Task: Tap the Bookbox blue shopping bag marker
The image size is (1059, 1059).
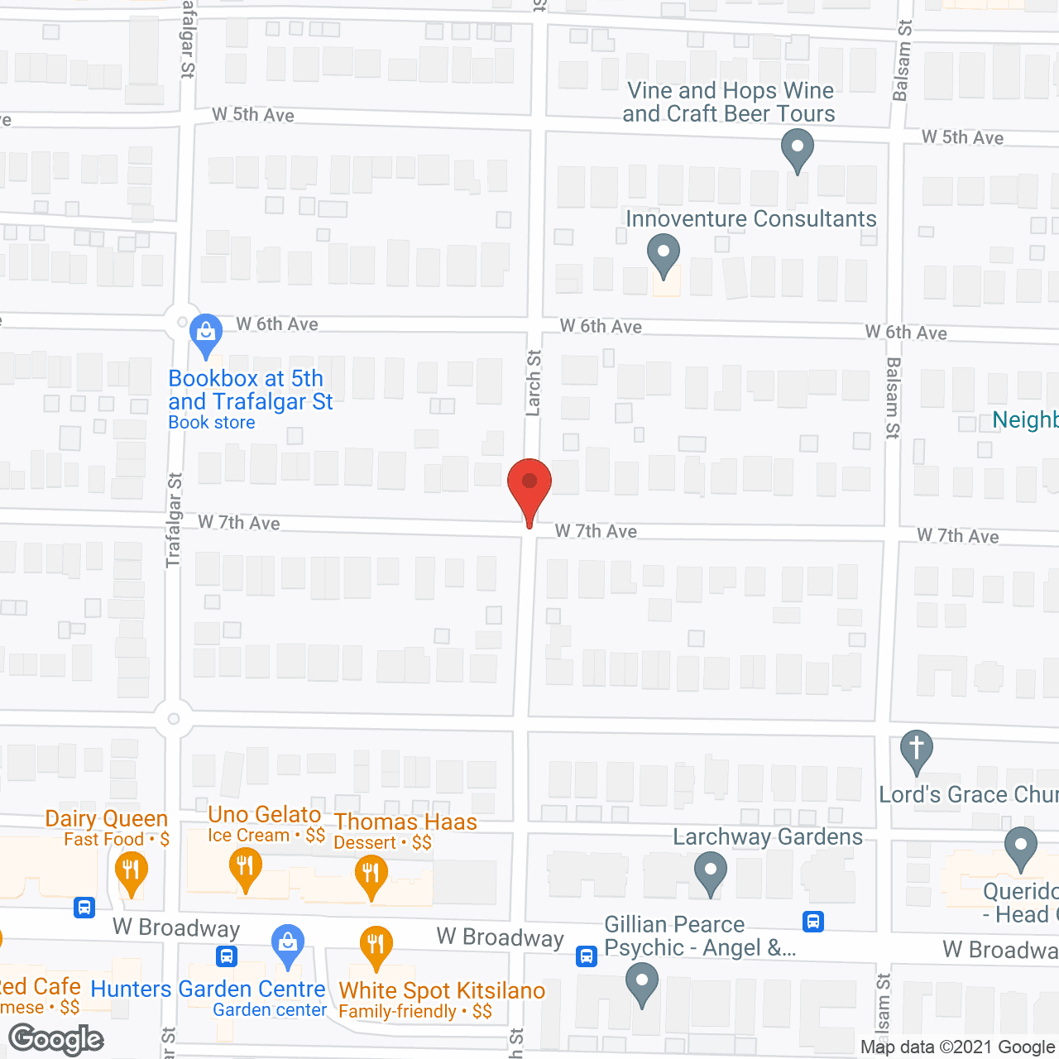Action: (205, 333)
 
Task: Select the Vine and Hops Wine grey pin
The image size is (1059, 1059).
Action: (797, 151)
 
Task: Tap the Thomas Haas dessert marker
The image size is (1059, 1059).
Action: (371, 875)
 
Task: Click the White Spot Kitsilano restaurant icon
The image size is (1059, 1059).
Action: (376, 945)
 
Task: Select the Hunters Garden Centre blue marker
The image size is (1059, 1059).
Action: (287, 944)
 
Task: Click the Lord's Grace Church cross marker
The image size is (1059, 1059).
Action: (916, 750)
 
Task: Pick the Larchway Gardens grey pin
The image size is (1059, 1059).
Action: (710, 872)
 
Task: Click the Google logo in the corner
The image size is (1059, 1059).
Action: (55, 1039)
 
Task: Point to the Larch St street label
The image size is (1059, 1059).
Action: (534, 382)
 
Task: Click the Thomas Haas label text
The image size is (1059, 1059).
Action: (405, 822)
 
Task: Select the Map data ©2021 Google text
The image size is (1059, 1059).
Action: (958, 1047)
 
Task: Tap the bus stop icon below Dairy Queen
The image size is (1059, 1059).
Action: (84, 908)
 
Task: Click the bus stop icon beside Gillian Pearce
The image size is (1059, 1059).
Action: (587, 956)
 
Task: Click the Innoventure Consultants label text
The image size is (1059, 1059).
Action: (750, 219)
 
